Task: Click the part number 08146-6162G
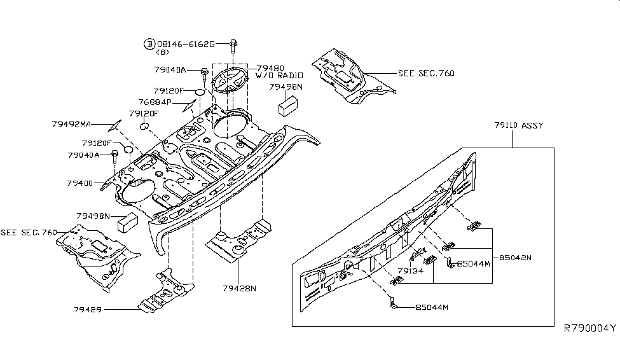coord(185,44)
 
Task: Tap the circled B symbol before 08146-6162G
coord(149,44)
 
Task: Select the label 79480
coord(270,68)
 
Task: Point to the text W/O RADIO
coord(279,76)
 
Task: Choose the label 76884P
coord(155,102)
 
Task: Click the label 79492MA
coord(71,125)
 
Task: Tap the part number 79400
coord(79,183)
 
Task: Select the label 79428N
coord(239,288)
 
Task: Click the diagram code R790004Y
coord(589,328)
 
